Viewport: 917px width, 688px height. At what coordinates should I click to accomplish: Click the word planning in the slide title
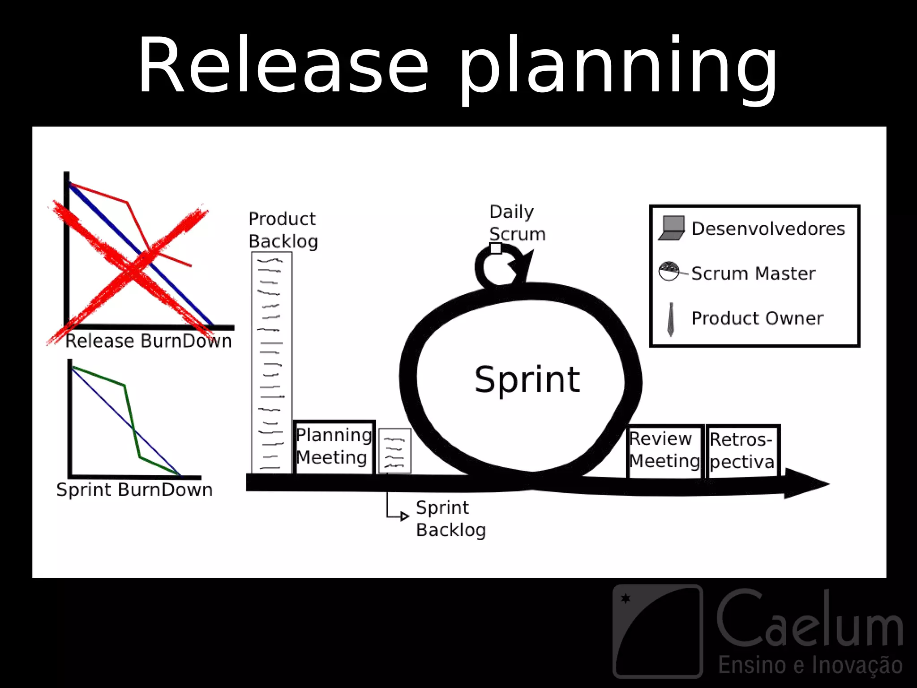(x=618, y=67)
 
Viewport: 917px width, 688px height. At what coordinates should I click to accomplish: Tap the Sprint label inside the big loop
(x=527, y=379)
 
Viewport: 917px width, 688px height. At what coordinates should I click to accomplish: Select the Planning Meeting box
(x=334, y=447)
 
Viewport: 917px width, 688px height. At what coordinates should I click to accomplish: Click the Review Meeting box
(x=664, y=450)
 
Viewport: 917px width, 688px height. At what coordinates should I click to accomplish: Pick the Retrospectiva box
(x=742, y=451)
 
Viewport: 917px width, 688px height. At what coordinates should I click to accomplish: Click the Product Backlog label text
(x=283, y=230)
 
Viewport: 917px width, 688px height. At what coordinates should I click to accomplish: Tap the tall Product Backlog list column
(x=271, y=363)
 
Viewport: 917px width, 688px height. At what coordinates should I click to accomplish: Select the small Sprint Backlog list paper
(x=394, y=451)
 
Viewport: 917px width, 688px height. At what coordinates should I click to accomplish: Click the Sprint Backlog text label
(x=450, y=519)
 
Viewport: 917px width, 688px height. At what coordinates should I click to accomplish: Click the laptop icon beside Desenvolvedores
(x=672, y=228)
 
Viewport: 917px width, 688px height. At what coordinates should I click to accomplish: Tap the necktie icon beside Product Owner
(x=670, y=319)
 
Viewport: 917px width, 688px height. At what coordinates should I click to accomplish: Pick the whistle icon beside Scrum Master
(x=669, y=271)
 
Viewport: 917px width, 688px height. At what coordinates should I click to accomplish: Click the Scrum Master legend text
(x=753, y=273)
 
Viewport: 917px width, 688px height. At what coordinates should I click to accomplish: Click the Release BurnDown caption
(x=149, y=341)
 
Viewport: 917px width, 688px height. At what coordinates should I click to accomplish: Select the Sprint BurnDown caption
(x=134, y=490)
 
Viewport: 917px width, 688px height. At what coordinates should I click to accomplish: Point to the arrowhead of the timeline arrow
(x=806, y=483)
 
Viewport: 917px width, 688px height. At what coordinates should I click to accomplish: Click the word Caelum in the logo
(x=810, y=620)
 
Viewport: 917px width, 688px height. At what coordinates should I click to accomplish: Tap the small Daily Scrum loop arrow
(x=501, y=267)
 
